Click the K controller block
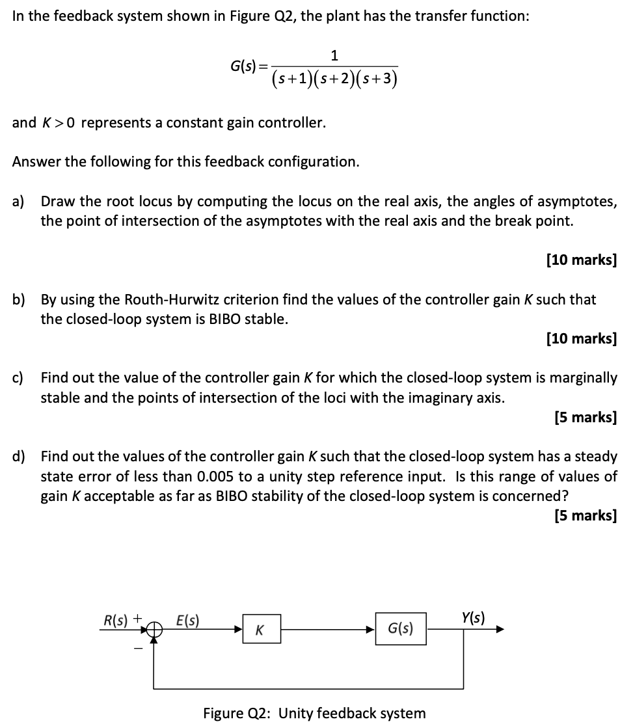262,629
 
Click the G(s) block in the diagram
401,629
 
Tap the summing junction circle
154,629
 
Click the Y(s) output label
473,615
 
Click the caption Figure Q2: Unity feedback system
314,712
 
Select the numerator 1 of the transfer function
334,55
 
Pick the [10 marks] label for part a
581,260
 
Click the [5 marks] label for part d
585,515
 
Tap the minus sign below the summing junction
137,645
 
